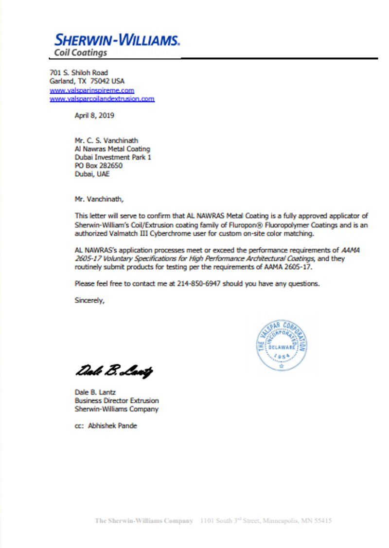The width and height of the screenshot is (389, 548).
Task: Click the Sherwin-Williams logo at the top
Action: click(x=117, y=39)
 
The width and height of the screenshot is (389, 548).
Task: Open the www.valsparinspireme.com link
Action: click(x=92, y=90)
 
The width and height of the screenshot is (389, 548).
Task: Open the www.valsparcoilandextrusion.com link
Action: click(x=102, y=99)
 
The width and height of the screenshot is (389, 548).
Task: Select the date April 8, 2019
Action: click(x=94, y=116)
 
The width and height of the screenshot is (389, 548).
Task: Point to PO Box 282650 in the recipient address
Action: click(x=98, y=166)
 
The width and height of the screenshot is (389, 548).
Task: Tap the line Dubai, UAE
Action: click(x=92, y=174)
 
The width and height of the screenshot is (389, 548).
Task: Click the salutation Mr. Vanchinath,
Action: click(x=96, y=199)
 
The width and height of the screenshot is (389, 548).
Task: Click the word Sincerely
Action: click(x=89, y=300)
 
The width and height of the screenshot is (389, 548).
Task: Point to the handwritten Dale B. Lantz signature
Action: click(x=114, y=372)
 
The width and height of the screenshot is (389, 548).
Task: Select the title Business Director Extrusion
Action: click(x=116, y=401)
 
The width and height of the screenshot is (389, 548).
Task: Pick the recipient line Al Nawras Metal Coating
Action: click(x=112, y=149)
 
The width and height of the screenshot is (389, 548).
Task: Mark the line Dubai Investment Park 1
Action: click(x=113, y=157)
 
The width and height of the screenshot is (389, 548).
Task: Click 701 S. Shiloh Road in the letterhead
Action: click(x=79, y=73)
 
